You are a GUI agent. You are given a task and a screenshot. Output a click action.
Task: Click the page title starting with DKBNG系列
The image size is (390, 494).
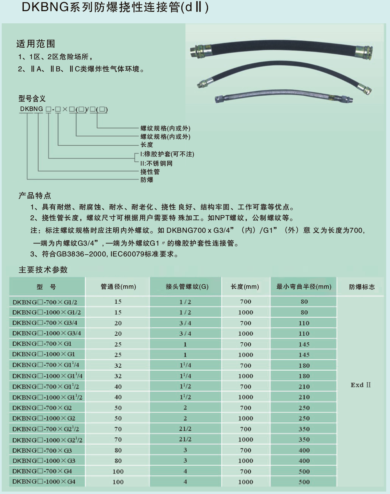tap(115, 8)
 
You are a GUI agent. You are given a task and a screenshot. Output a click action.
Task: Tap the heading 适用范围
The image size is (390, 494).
tap(36, 44)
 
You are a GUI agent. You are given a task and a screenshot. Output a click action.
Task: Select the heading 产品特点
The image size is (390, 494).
tap(35, 196)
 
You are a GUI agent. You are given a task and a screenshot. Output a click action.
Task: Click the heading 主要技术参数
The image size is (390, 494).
tap(43, 270)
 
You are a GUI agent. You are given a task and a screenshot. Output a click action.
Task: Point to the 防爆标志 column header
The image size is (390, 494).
tap(362, 287)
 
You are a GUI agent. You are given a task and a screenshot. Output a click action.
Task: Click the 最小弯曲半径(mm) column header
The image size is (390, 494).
tap(304, 287)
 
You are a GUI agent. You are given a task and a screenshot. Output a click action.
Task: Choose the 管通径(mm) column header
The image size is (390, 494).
tap(118, 287)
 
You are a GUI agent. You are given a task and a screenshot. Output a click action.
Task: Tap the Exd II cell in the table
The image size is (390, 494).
tap(360, 385)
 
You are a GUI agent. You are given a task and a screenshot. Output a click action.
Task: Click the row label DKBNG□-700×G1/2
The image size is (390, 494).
tap(45, 302)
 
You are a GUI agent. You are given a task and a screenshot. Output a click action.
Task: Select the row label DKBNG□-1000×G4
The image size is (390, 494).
tap(44, 481)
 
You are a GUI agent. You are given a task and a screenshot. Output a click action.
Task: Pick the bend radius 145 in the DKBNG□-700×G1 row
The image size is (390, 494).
tap(304, 344)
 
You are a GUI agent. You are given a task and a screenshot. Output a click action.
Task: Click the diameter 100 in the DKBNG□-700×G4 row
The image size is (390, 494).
tap(118, 471)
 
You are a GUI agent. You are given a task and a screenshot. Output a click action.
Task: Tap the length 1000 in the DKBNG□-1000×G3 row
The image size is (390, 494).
tap(245, 461)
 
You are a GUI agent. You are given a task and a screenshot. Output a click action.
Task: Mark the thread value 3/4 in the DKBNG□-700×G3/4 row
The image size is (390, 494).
tap(185, 323)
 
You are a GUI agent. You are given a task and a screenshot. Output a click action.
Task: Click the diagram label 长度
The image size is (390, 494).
tap(147, 145)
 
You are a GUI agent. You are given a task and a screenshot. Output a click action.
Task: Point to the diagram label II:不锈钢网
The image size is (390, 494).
tap(156, 163)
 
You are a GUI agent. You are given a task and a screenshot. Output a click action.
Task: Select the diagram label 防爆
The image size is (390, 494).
tap(147, 180)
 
